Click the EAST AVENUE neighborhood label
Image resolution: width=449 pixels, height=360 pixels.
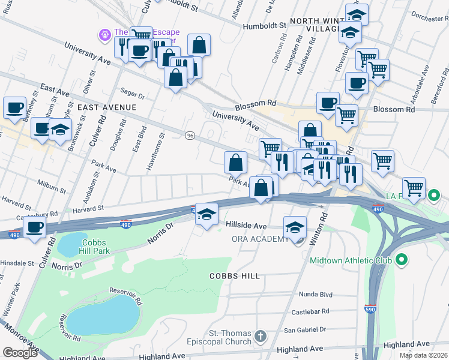pyautogui.click(x=107, y=107)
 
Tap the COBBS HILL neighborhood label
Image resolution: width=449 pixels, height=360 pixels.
pyautogui.click(x=234, y=276)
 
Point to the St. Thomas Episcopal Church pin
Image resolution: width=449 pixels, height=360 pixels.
pyautogui.click(x=259, y=336)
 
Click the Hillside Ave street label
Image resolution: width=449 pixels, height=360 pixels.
pyautogui.click(x=246, y=226)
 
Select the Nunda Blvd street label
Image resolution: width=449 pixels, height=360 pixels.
pyautogui.click(x=315, y=295)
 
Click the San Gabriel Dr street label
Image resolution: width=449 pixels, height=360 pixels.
pyautogui.click(x=304, y=329)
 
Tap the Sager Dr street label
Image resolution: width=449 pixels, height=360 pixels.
pyautogui.click(x=133, y=95)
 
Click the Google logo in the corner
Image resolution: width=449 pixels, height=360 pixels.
pyautogui.click(x=20, y=353)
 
